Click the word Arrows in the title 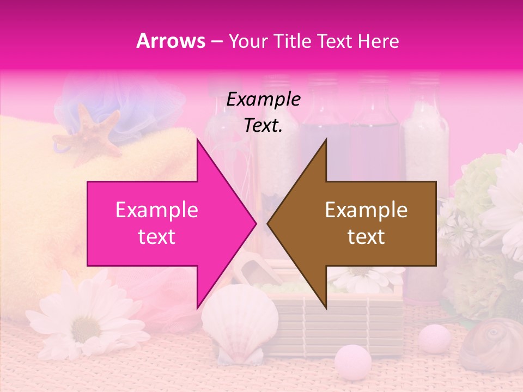(x=171, y=41)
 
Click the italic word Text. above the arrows (x=263, y=126)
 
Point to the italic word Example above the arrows (x=263, y=100)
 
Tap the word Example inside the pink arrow (x=157, y=210)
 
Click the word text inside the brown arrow (x=366, y=237)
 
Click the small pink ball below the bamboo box (x=352, y=360)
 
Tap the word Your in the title (x=247, y=41)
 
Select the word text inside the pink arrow (x=157, y=237)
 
